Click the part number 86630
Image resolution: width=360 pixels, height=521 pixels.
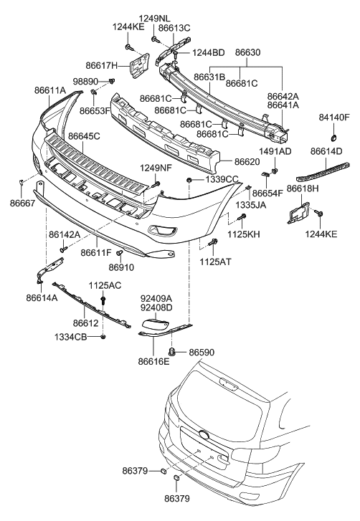[247, 52]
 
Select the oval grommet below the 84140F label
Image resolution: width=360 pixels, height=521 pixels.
[333, 136]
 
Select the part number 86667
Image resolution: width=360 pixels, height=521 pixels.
[22, 204]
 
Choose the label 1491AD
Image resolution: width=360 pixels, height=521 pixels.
[275, 151]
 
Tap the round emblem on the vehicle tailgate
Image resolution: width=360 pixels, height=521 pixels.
[204, 434]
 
